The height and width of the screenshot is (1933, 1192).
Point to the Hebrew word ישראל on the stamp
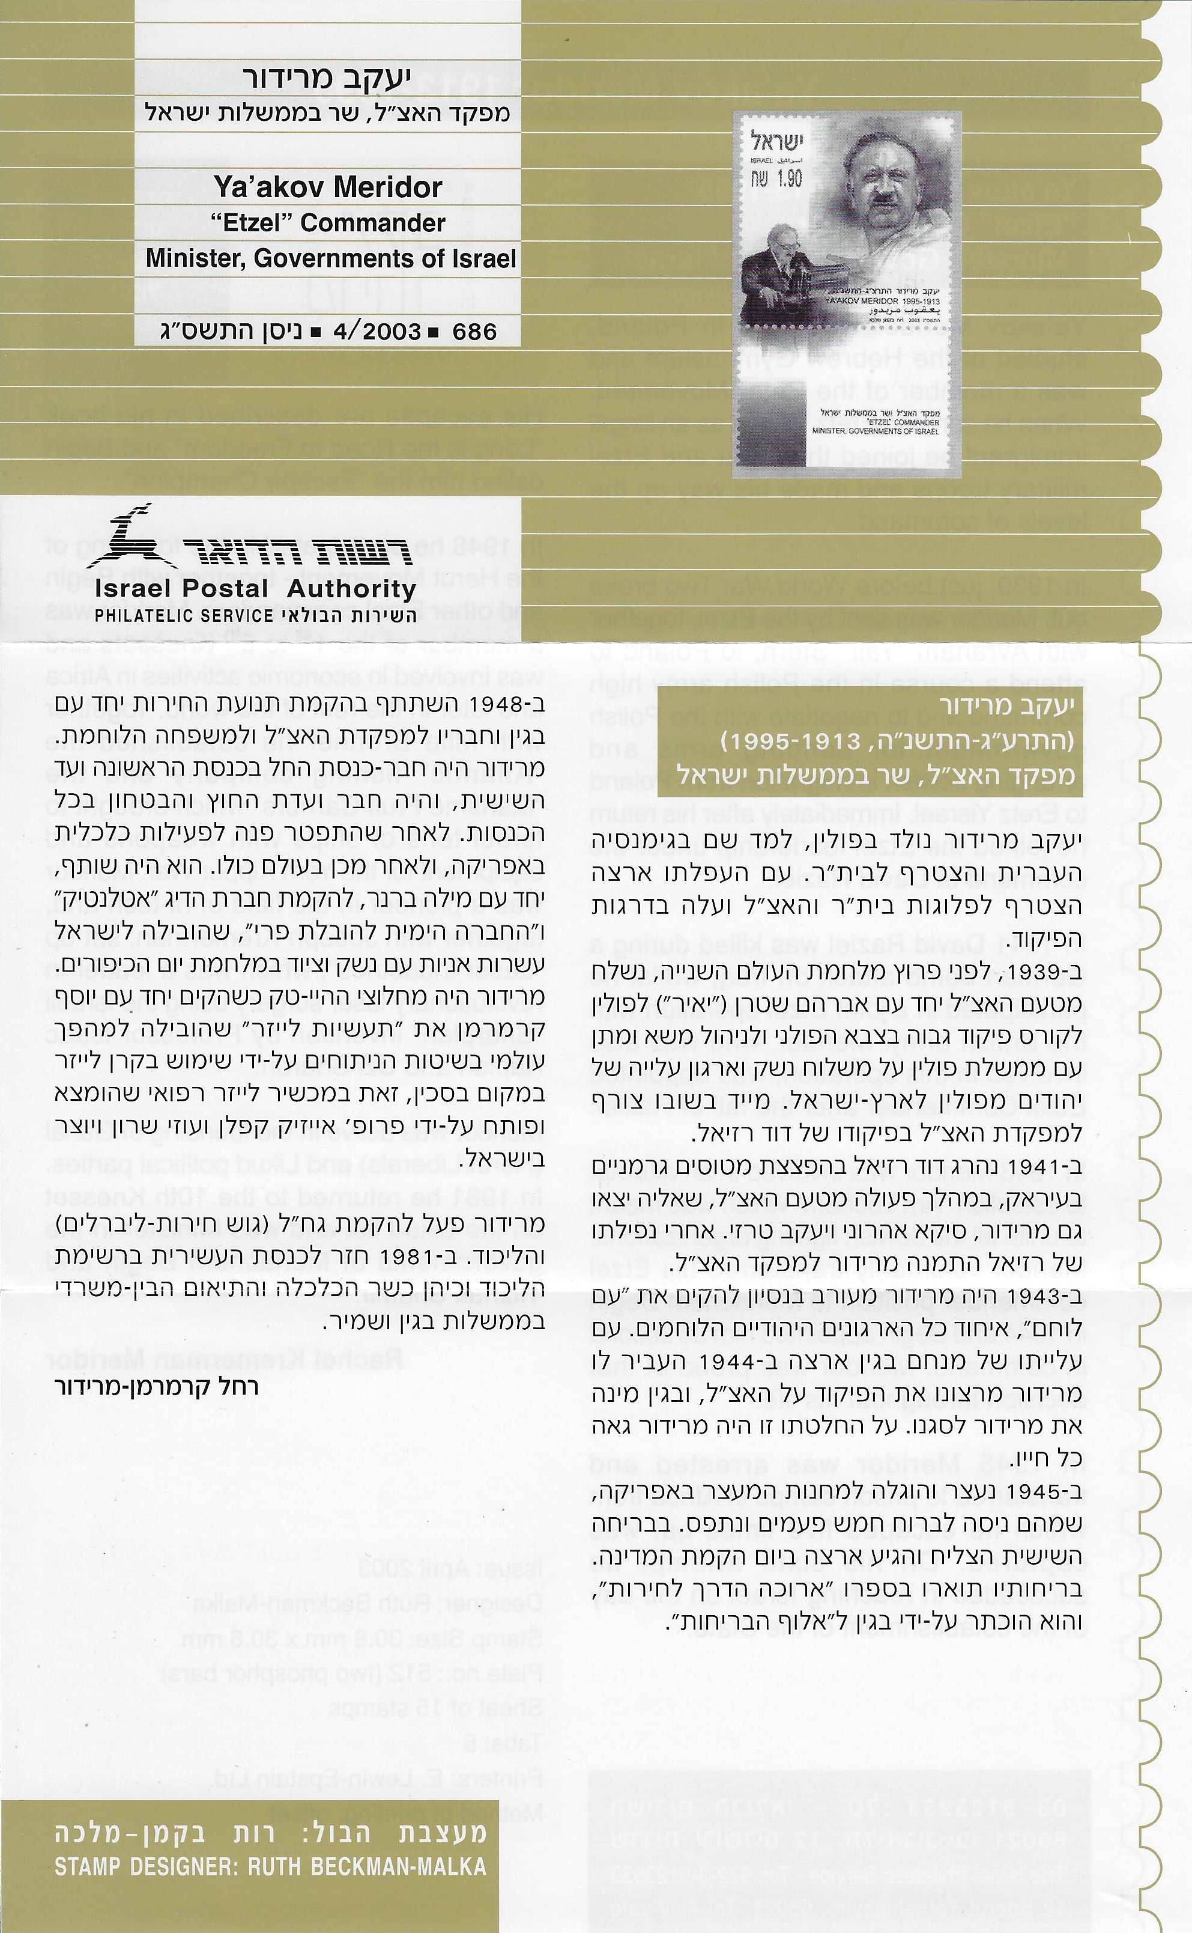tap(775, 141)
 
